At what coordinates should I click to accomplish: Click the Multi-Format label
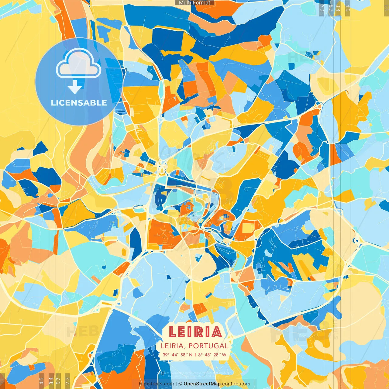[x=194, y=3]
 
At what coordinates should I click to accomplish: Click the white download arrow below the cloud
[x=75, y=87]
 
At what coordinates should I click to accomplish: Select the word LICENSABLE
[x=79, y=103]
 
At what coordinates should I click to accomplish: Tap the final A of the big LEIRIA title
[x=217, y=332]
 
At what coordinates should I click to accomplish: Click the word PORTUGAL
[x=208, y=346]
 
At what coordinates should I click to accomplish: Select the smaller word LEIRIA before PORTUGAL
[x=172, y=346]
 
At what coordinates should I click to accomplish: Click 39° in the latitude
[x=166, y=355]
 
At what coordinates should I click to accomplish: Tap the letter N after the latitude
[x=191, y=355]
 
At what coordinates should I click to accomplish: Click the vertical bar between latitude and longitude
[x=195, y=355]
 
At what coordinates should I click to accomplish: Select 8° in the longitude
[x=200, y=355]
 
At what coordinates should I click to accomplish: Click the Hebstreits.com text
[x=156, y=384]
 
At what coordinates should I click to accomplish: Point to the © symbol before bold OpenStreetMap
[x=180, y=384]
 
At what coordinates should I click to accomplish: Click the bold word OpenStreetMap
[x=202, y=384]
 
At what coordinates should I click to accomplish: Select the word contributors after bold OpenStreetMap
[x=236, y=384]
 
